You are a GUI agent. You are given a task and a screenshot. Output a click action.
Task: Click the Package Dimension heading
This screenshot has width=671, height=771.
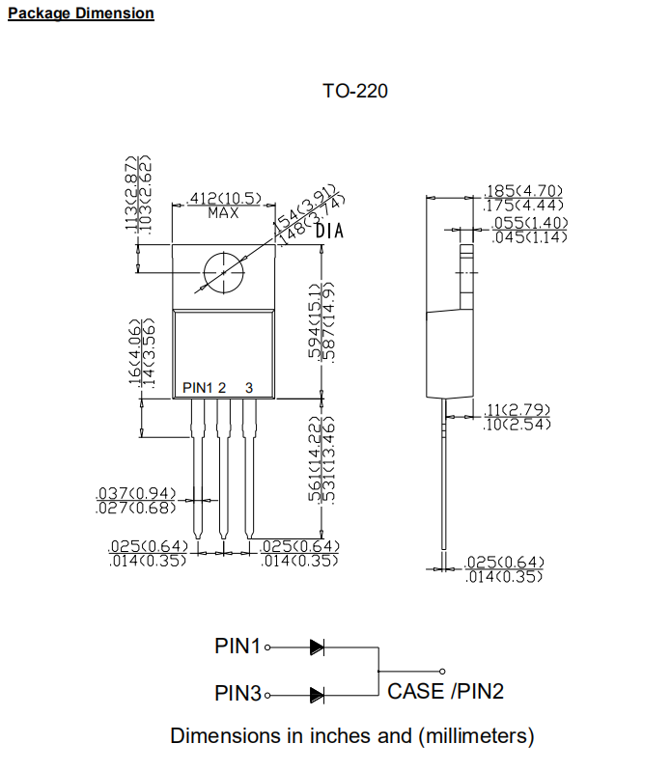80,14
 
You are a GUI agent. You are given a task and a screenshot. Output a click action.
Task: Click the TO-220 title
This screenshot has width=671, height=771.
355,92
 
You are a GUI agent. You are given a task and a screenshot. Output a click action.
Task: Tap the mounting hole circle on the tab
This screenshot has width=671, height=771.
223,273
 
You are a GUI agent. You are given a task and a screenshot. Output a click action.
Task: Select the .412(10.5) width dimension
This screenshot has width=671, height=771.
223,199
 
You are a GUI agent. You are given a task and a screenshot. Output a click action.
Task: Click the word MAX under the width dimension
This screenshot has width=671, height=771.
223,212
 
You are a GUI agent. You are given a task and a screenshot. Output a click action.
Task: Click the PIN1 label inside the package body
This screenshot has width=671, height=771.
197,387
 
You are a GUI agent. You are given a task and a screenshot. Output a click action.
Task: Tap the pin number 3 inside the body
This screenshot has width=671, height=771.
249,387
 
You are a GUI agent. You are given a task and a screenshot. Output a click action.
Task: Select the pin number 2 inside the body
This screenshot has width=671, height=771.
222,387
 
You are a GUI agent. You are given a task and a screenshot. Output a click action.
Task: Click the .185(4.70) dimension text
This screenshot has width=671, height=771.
522,192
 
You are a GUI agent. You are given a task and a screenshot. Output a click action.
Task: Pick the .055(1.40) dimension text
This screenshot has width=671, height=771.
529,223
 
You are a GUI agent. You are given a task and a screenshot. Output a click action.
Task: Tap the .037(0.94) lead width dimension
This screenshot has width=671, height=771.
136,494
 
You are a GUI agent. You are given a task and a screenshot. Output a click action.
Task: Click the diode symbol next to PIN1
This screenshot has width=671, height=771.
317,647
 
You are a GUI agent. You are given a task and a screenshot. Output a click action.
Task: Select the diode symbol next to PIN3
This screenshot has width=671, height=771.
317,694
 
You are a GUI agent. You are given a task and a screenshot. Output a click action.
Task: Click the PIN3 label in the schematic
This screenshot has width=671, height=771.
238,694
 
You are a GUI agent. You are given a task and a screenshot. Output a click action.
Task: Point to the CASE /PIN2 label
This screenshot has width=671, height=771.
445,691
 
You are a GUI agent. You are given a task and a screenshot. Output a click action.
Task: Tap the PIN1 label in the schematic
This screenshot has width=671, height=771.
238,647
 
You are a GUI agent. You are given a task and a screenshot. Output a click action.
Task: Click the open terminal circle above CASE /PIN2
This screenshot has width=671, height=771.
442,671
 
